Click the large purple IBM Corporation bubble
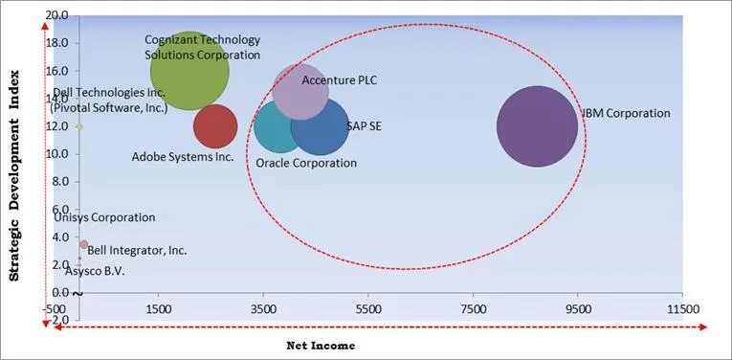point(537,126)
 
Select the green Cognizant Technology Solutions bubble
point(189,71)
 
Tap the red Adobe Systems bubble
point(214,125)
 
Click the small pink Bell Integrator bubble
point(83,244)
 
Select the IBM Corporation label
point(626,113)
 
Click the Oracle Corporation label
point(305,163)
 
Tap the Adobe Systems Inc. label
point(182,156)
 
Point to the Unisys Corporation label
point(104,217)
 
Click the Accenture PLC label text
point(339,80)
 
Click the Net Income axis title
point(321,345)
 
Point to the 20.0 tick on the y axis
point(56,16)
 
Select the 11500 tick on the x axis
point(681,309)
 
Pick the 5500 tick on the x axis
point(367,309)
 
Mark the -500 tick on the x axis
point(53,309)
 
